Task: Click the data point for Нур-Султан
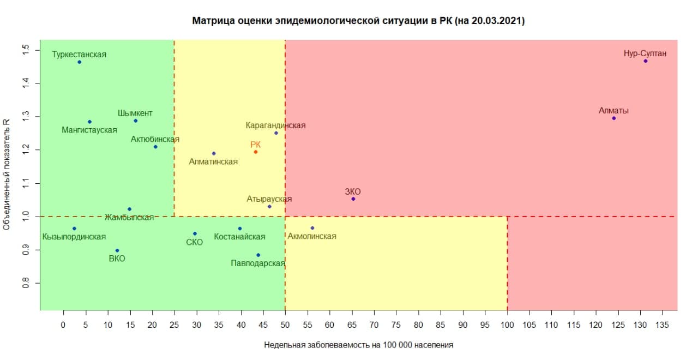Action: (645, 61)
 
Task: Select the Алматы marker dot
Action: (614, 118)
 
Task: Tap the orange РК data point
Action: (255, 152)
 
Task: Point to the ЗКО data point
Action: (353, 199)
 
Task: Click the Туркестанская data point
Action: (79, 62)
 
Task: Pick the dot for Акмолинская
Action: (312, 228)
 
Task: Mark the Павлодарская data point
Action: (258, 255)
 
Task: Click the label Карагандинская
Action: (275, 125)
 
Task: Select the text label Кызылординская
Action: (74, 237)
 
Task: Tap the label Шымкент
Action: (135, 113)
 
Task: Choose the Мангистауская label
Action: (89, 130)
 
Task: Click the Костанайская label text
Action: (239, 237)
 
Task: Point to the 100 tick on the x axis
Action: (507, 325)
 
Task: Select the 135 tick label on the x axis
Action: (663, 325)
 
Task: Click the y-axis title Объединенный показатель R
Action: (7, 175)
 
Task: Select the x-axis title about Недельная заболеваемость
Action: (359, 345)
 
